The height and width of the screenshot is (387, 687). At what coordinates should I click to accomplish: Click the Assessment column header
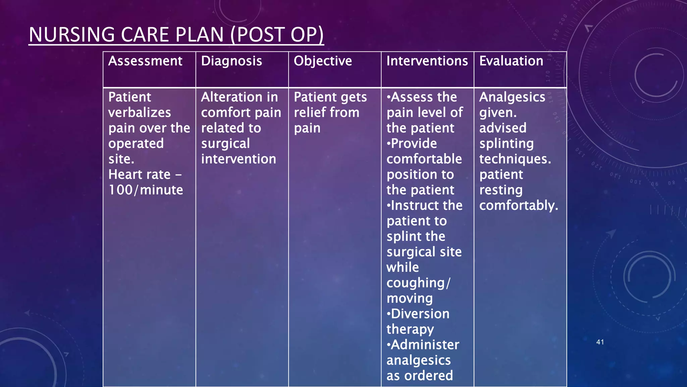click(x=145, y=61)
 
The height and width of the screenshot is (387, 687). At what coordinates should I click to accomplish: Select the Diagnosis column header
click(x=231, y=61)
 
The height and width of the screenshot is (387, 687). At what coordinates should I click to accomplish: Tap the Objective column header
click(x=323, y=61)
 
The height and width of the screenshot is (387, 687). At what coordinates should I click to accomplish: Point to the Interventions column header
click(x=427, y=61)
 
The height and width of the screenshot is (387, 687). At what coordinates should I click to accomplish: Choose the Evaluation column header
click(x=511, y=61)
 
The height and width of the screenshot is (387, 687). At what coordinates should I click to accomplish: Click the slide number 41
click(x=600, y=342)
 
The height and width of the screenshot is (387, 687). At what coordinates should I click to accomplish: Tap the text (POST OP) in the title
click(x=277, y=35)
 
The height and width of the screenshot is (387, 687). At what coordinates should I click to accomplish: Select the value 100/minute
click(x=146, y=190)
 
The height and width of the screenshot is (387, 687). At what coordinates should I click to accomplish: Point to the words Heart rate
click(x=140, y=175)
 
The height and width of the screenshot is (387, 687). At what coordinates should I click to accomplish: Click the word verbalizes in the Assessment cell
click(x=140, y=113)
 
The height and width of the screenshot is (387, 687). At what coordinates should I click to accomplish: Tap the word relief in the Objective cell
click(x=310, y=113)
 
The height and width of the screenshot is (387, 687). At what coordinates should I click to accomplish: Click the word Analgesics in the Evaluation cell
click(x=512, y=97)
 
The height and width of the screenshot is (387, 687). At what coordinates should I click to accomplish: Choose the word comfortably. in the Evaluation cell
click(x=519, y=206)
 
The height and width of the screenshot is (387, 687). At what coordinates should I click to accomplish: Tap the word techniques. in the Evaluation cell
click(x=515, y=159)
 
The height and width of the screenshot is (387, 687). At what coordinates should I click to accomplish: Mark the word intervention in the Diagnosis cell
click(x=239, y=159)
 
